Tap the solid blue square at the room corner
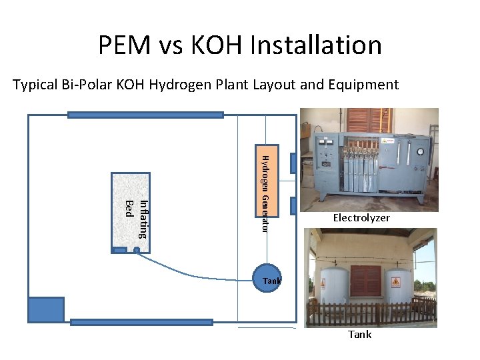[46, 310]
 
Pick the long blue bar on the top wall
[145, 115]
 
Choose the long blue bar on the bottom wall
[141, 323]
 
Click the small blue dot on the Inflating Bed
[136, 251]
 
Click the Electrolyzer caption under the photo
[361, 218]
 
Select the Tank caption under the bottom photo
[360, 334]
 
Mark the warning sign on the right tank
[396, 282]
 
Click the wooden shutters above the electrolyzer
[368, 120]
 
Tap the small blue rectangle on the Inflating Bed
[119, 250]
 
